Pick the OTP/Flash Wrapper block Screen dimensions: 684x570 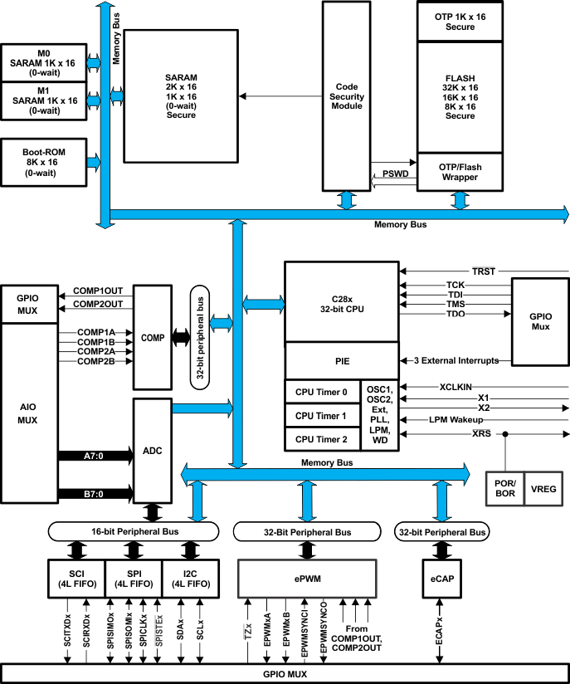point(460,172)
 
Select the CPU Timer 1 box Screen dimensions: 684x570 point(321,415)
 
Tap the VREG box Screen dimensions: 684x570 point(544,488)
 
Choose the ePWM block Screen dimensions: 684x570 point(307,578)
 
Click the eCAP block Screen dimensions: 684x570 point(438,578)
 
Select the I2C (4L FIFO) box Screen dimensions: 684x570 point(189,578)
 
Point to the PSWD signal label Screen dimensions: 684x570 point(395,174)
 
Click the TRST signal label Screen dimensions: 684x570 point(482,271)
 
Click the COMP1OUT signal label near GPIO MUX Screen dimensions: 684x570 point(98,291)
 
